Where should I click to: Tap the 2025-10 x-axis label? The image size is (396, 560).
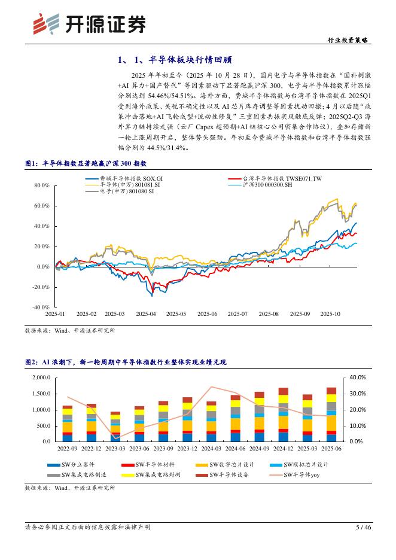[x=330, y=314]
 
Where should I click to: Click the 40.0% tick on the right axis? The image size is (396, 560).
[x=358, y=378]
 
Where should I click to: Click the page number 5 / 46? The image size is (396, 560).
[x=364, y=527]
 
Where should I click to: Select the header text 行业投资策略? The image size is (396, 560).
[x=349, y=40]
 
